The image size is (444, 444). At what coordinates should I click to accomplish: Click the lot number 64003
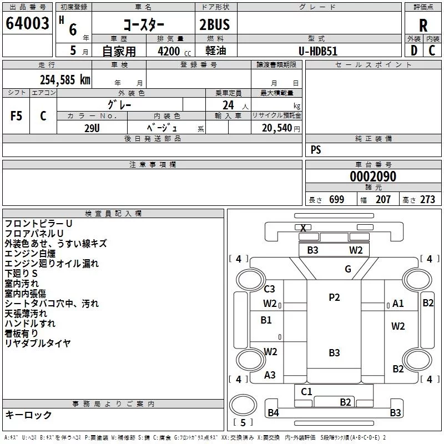27,23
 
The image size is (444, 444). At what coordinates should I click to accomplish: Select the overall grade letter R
423,26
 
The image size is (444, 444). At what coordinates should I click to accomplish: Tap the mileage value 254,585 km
65,80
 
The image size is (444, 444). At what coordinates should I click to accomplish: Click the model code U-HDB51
318,51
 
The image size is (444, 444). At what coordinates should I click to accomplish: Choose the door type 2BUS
214,24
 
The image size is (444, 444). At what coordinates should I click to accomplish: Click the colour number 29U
92,128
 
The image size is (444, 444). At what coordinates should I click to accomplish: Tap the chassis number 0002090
373,176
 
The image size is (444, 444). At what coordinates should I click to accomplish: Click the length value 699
337,199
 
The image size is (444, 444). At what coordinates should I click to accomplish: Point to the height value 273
427,199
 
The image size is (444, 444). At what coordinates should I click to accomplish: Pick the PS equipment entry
316,149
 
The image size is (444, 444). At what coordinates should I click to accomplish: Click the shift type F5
16,116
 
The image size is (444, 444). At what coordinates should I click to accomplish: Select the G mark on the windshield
348,269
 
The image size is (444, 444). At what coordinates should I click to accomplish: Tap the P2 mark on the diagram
334,297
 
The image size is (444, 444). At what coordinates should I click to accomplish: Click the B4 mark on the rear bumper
273,413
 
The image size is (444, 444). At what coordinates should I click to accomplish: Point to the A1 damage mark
398,303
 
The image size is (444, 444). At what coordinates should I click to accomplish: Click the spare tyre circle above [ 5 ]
243,405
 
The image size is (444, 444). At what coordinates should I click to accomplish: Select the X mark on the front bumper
303,228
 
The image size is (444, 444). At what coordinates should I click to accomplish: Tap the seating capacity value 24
228,105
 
